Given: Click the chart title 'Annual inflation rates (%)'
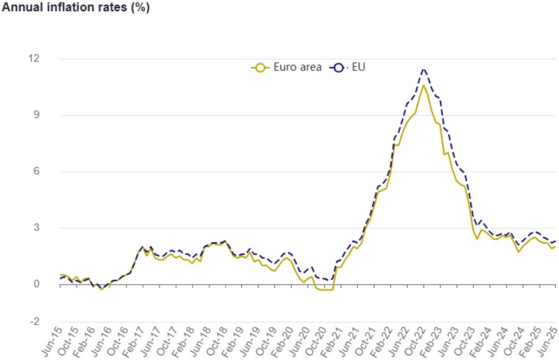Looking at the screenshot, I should (76, 8).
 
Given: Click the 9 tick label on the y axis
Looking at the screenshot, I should (35, 115).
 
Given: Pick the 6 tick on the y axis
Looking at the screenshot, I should (35, 171).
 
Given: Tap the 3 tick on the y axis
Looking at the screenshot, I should (35, 228).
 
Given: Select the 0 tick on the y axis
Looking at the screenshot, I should (35, 284).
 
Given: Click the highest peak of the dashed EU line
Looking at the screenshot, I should (423, 69).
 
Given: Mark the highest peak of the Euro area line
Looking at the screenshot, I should (423, 85).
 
